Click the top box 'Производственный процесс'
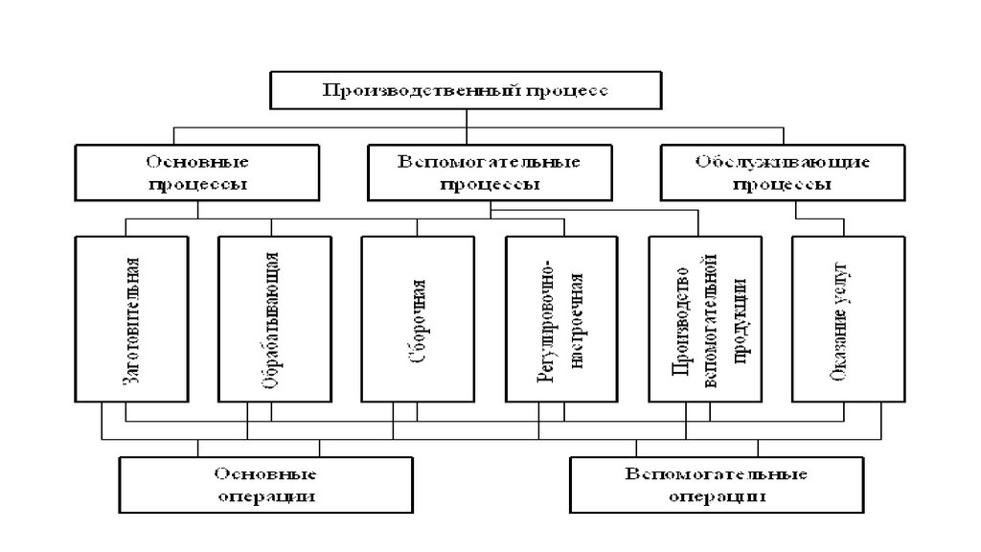click(x=465, y=91)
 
